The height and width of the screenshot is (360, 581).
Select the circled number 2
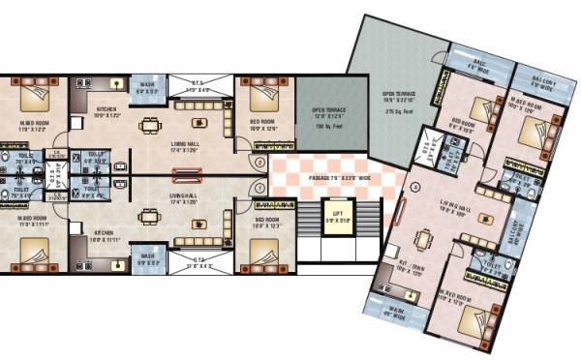[x=260, y=162]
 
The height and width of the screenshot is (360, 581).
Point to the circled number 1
[x=260, y=189]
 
